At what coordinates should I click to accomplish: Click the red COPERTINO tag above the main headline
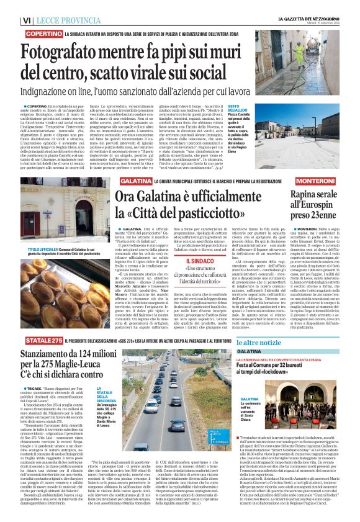coord(44,32)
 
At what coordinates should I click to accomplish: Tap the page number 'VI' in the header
coord(27,20)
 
